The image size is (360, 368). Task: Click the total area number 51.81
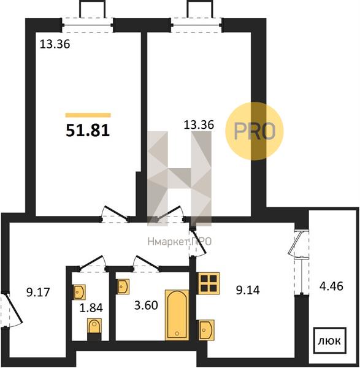[x=88, y=131]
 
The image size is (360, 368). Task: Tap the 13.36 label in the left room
[x=55, y=44]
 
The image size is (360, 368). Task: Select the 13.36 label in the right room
[x=199, y=125]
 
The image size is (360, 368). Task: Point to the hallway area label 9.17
[x=38, y=293]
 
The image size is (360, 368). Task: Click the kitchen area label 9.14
[x=248, y=290]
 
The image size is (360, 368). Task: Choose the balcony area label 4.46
[x=331, y=286]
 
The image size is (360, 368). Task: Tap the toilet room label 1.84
[x=91, y=308]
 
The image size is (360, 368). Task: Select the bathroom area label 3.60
[x=146, y=305]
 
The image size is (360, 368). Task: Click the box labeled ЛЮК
[x=330, y=340]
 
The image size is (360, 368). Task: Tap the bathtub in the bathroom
[x=177, y=315]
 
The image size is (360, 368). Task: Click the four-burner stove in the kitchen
[x=209, y=283]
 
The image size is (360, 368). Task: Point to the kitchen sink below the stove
[x=207, y=330]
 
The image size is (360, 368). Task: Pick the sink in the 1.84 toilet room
[x=80, y=292]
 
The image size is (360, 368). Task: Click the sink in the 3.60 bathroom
[x=123, y=286]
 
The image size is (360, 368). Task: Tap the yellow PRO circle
[x=255, y=131]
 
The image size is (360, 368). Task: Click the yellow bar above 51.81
[x=88, y=115]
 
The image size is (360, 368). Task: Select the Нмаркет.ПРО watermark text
[x=180, y=242]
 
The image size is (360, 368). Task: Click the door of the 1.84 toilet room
[x=93, y=263]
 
